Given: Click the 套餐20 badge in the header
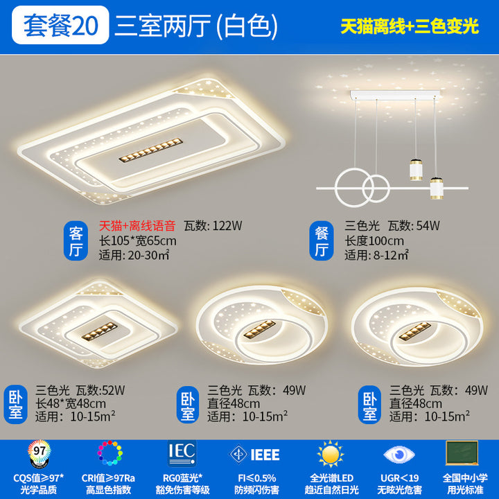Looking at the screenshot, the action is click(x=60, y=25).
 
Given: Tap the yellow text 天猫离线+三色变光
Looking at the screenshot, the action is click(x=410, y=26).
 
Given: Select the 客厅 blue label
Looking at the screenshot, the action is click(x=76, y=240).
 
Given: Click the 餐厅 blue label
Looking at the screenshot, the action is click(x=322, y=240).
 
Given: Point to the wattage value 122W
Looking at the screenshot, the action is click(x=227, y=226).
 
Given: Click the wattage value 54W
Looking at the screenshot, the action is click(x=428, y=226).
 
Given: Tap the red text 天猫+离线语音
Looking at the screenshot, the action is click(x=137, y=226).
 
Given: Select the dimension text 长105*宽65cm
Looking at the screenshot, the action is click(x=137, y=241).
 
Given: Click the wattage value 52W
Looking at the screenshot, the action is click(x=113, y=390).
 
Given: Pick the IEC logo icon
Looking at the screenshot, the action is click(x=182, y=453).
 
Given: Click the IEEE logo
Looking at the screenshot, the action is click(x=254, y=455).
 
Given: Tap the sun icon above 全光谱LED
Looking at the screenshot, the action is click(x=331, y=454).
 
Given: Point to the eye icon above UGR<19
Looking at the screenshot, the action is click(x=399, y=455).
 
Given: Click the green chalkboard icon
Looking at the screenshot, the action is click(x=462, y=453).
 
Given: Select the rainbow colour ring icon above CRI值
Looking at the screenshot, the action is click(x=110, y=453).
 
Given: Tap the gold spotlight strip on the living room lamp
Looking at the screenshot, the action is click(x=151, y=150).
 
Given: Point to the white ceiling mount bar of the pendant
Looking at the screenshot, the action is click(x=395, y=95).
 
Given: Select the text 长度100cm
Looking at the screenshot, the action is click(x=374, y=241).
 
